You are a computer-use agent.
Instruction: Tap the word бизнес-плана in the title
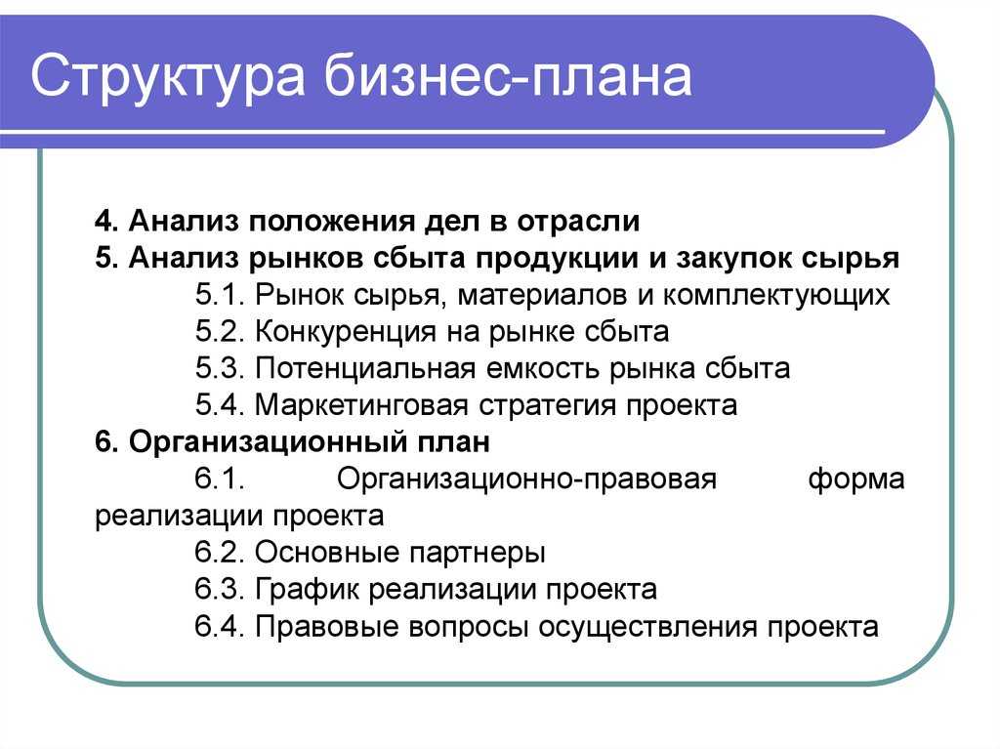pyautogui.click(x=508, y=76)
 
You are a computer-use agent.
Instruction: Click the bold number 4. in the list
pyautogui.click(x=106, y=221)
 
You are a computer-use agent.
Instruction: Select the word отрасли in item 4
pyautogui.click(x=578, y=222)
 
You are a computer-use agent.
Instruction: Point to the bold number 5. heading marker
pyautogui.click(x=106, y=258)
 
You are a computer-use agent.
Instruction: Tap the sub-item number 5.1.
pyautogui.click(x=220, y=295)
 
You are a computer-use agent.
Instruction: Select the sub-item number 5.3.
pyautogui.click(x=220, y=368)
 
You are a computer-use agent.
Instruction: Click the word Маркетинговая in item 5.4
pyautogui.click(x=361, y=406)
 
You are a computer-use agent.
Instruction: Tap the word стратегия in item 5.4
pyautogui.click(x=547, y=406)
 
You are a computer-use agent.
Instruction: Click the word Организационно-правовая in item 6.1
pyautogui.click(x=526, y=479)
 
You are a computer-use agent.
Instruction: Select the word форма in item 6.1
pyautogui.click(x=855, y=479)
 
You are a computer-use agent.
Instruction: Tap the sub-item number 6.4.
pyautogui.click(x=220, y=627)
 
